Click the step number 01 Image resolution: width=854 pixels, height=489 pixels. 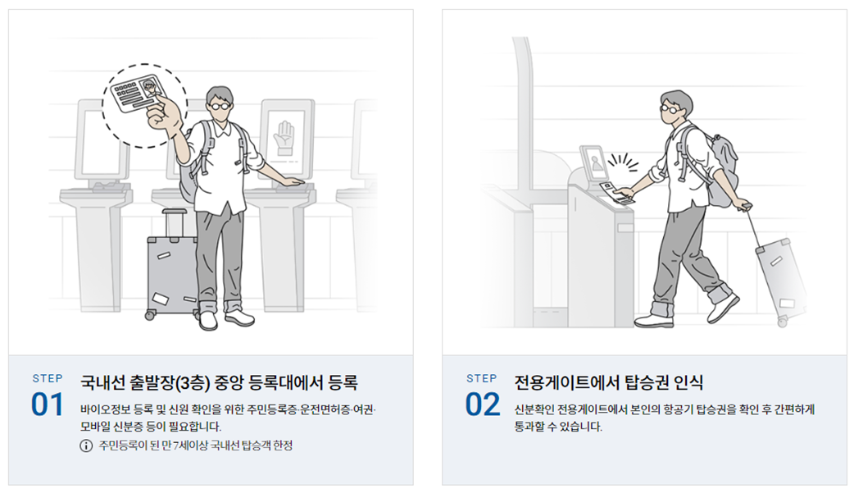[x=47, y=404]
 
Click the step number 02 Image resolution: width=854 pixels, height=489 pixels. [x=482, y=404]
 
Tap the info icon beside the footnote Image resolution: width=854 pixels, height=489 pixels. [x=86, y=446]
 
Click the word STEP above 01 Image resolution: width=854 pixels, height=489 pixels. [x=47, y=378]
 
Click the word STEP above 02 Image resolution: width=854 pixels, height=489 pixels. [x=482, y=378]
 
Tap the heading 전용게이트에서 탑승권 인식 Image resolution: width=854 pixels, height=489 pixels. [x=608, y=382]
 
